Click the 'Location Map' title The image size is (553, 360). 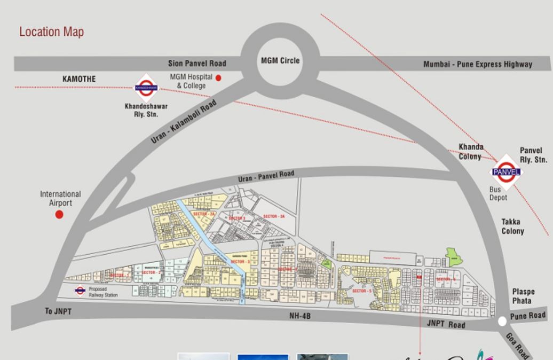(x=51, y=32)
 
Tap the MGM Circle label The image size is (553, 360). (x=280, y=61)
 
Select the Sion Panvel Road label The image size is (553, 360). (x=197, y=64)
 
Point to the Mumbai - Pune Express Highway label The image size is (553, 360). (x=478, y=64)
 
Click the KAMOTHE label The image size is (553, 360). (x=79, y=79)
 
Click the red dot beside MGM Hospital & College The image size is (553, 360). (x=218, y=78)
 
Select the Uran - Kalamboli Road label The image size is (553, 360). (x=184, y=121)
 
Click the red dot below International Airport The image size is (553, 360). (x=60, y=214)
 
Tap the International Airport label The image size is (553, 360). (x=60, y=198)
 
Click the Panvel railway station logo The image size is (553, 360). (x=506, y=171)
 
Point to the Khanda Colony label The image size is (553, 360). (x=471, y=152)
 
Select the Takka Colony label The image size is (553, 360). (x=512, y=226)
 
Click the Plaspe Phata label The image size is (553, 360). (x=523, y=296)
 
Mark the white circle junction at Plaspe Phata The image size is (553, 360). (x=502, y=322)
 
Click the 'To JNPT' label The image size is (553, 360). (x=57, y=311)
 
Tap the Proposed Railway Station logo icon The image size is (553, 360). (x=80, y=291)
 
